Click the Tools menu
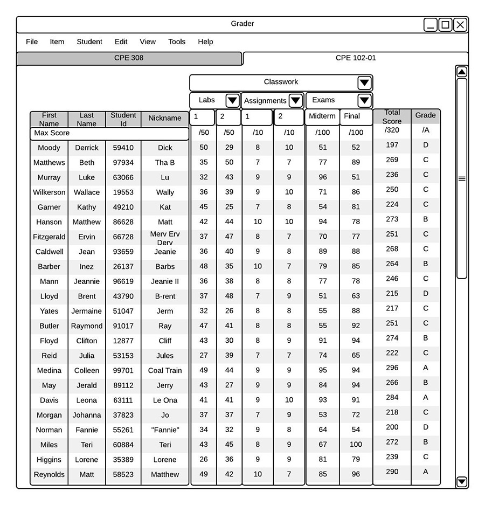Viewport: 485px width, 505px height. click(176, 41)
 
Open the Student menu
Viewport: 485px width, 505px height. click(89, 41)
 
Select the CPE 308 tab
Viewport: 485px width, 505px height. click(129, 58)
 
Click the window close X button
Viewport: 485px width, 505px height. click(460, 25)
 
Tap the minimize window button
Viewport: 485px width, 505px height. click(431, 25)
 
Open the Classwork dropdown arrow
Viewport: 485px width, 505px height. click(364, 82)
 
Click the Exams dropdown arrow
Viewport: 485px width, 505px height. click(364, 100)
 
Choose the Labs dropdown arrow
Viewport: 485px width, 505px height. click(232, 100)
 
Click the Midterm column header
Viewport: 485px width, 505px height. click(322, 116)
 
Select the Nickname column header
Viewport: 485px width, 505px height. click(165, 118)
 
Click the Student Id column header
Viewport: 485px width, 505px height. click(123, 119)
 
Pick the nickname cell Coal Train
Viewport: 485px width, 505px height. click(165, 370)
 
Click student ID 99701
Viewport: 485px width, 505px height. click(123, 370)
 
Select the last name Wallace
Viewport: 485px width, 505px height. click(87, 192)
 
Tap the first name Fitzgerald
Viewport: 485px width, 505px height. click(49, 237)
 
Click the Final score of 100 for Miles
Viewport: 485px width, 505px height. click(356, 445)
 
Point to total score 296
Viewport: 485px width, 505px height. click(392, 368)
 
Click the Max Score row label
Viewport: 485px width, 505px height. click(52, 133)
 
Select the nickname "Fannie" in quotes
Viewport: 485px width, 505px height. click(165, 430)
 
